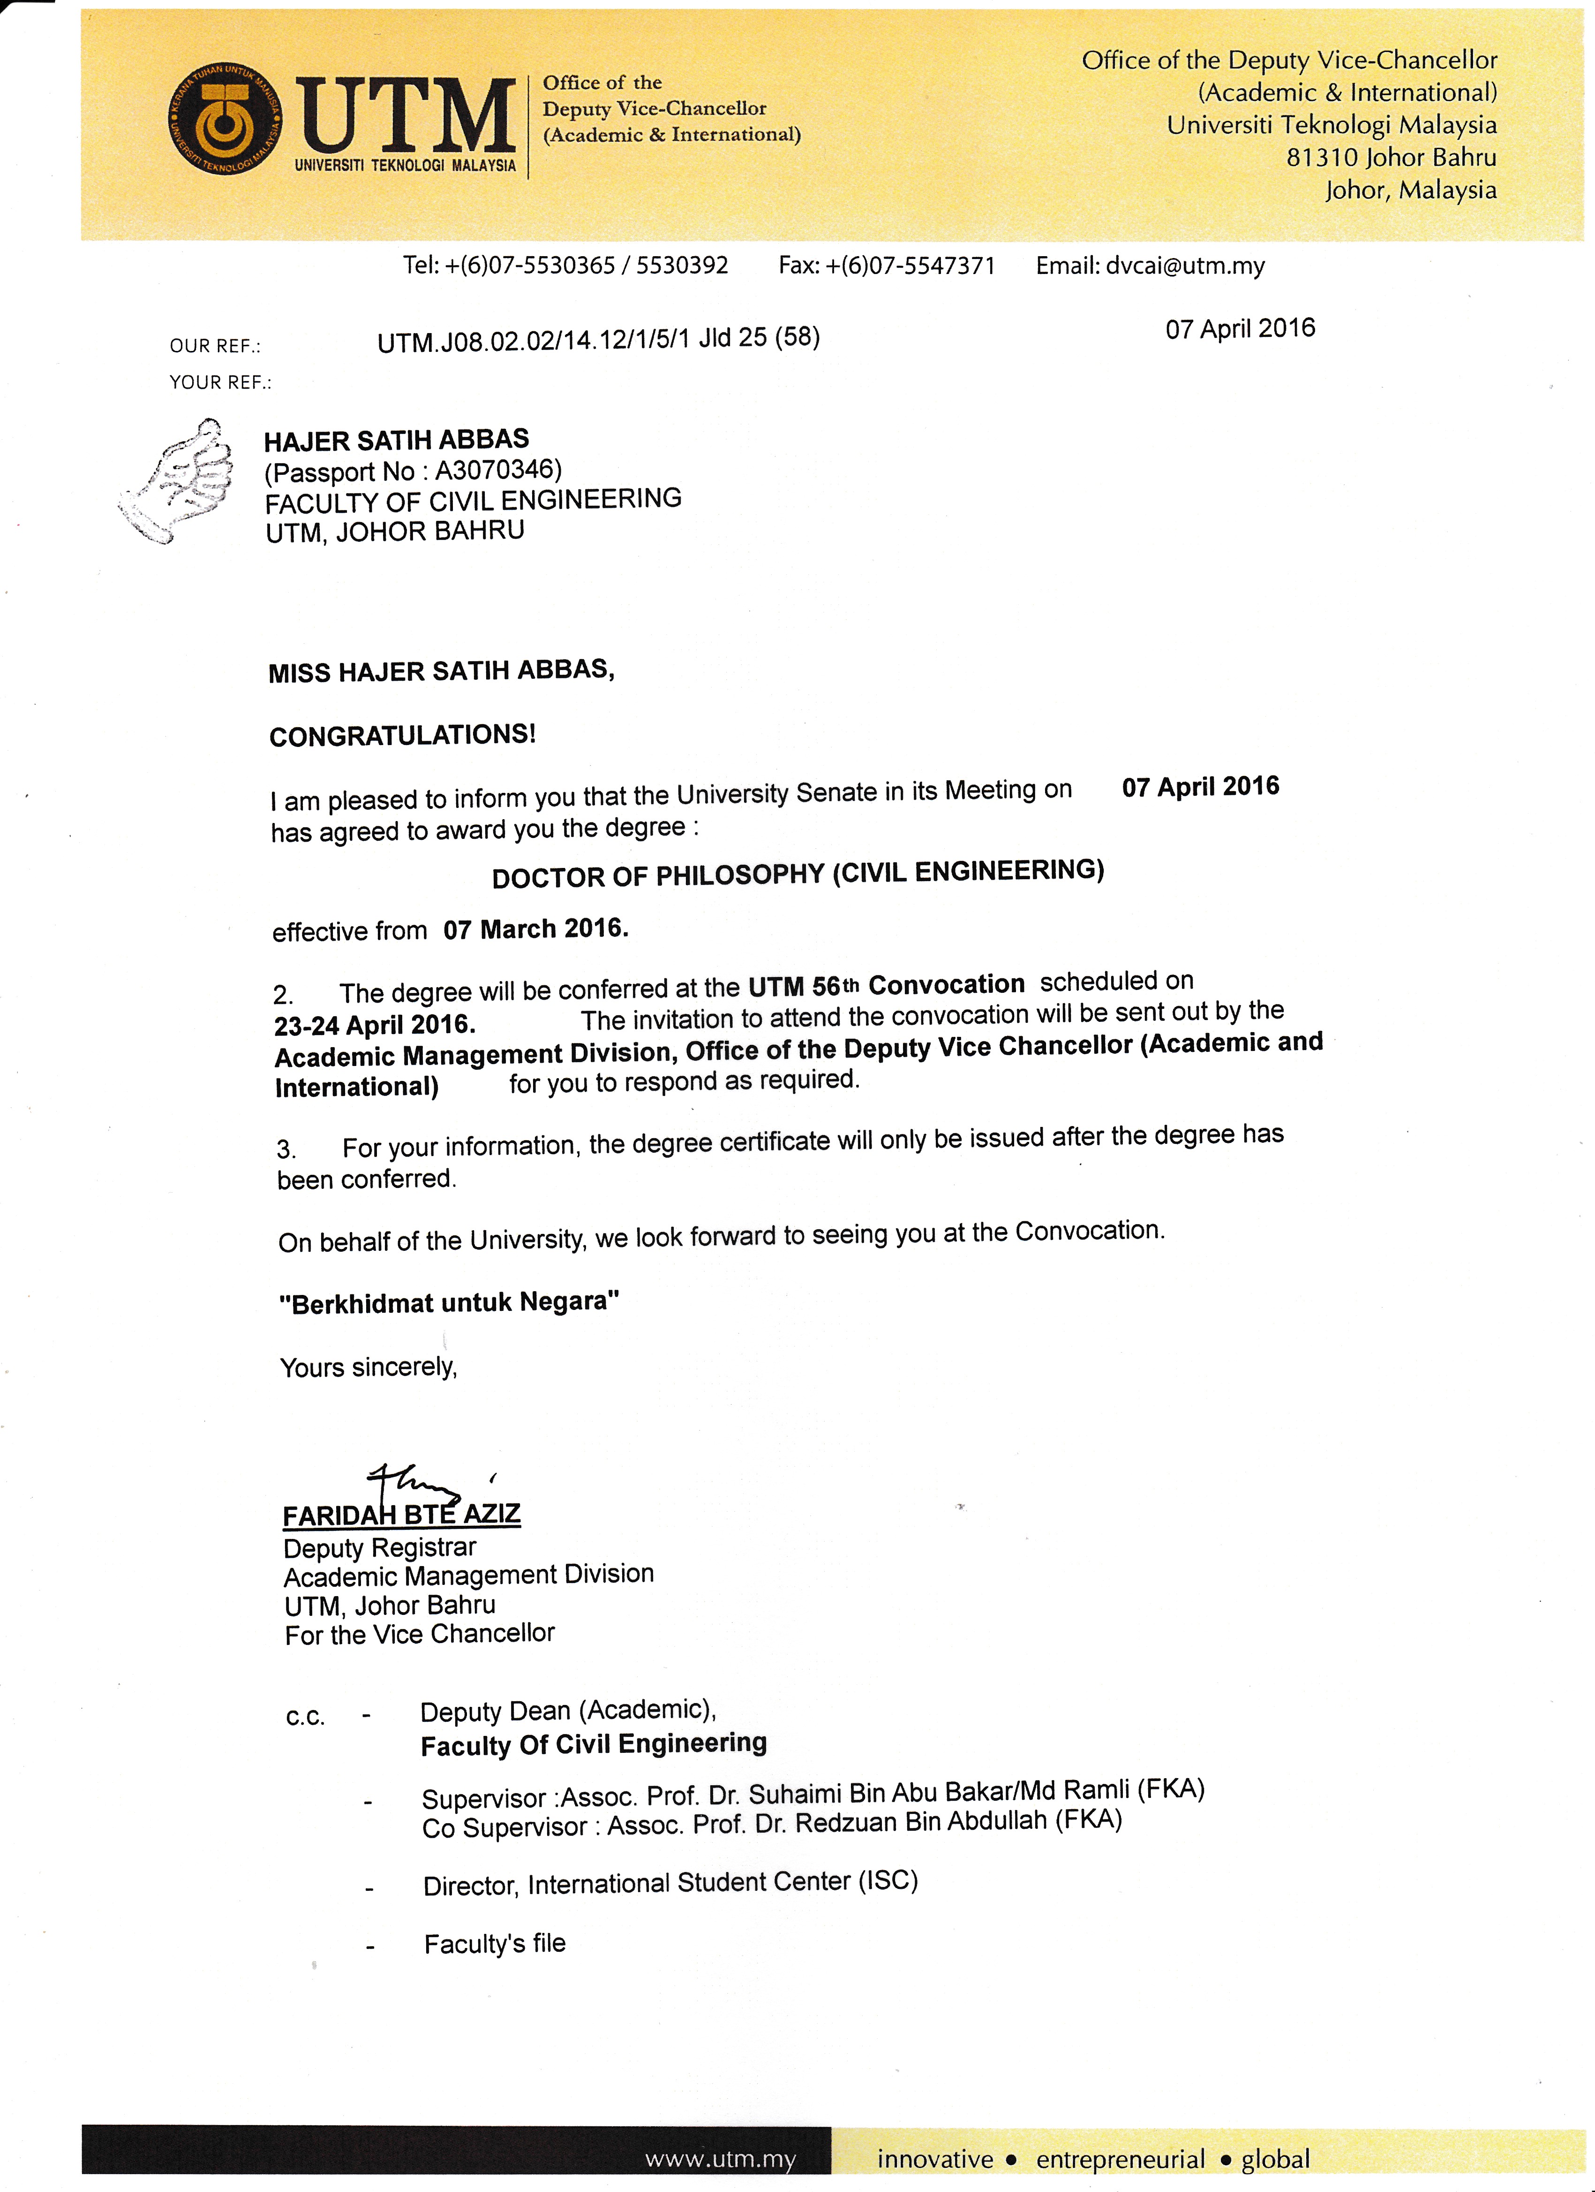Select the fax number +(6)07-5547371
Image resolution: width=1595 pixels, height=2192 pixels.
pyautogui.click(x=911, y=266)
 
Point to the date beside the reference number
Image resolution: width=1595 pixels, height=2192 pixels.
pyautogui.click(x=1240, y=328)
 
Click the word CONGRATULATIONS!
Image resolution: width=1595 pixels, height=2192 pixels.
pyautogui.click(x=402, y=736)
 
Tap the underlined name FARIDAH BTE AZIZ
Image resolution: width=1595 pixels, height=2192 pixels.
pyautogui.click(x=402, y=1515)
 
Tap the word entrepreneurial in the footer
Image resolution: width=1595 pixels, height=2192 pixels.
pyautogui.click(x=1120, y=2159)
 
